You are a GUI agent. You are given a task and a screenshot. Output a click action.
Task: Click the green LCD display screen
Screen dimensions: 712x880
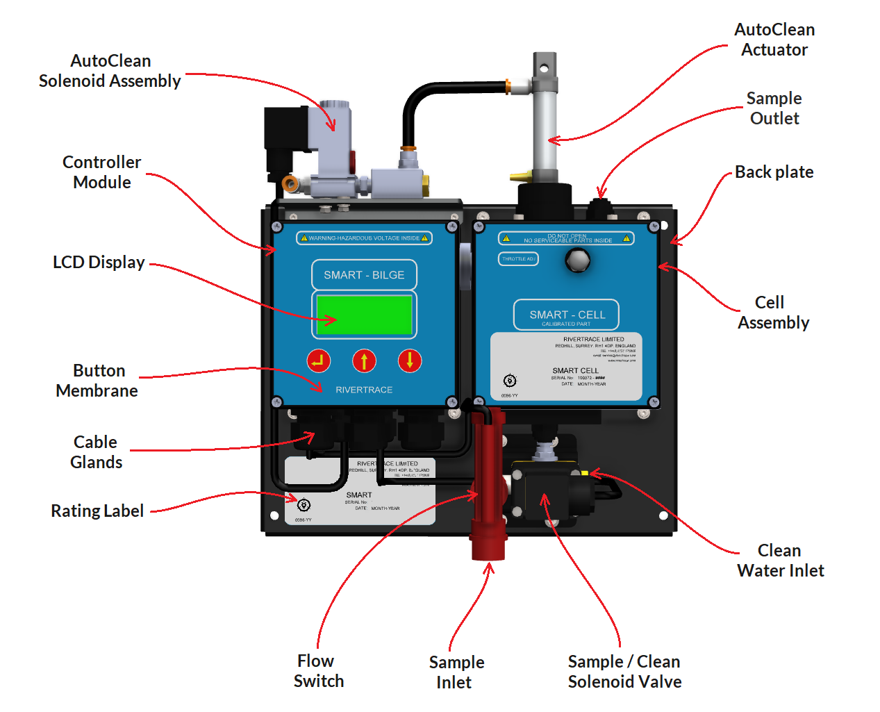click(x=364, y=315)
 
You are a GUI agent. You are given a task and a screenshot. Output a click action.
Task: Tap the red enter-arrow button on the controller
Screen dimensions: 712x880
click(x=319, y=361)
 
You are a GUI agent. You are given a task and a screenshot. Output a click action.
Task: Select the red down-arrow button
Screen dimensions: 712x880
click(x=410, y=361)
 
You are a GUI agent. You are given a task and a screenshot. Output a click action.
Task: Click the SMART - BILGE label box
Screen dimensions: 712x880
click(x=364, y=275)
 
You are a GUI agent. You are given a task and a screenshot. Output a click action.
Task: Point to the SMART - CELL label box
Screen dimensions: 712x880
click(x=567, y=315)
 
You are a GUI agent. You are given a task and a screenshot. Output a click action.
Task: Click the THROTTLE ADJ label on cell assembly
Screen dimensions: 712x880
click(x=518, y=259)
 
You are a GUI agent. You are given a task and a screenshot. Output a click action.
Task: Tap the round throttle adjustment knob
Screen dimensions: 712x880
click(x=577, y=260)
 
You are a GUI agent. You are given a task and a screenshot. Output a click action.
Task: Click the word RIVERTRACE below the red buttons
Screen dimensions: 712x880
click(x=364, y=390)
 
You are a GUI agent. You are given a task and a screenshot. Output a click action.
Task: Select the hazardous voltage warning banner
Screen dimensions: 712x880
click(x=364, y=238)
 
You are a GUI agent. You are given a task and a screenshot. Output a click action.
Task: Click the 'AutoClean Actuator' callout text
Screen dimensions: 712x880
click(x=774, y=40)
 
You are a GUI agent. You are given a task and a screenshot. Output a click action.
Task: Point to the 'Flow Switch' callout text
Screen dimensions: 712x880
click(x=318, y=671)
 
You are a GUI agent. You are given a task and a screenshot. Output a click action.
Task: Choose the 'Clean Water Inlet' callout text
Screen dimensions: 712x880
click(x=780, y=561)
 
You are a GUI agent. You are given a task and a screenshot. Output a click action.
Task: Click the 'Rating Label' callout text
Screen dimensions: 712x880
click(x=97, y=511)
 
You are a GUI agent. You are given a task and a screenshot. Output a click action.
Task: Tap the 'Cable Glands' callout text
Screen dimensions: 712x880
click(x=97, y=452)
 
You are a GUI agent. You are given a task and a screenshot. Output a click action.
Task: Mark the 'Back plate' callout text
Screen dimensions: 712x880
click(x=774, y=172)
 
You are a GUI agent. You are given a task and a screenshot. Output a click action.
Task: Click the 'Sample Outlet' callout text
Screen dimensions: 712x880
click(x=774, y=108)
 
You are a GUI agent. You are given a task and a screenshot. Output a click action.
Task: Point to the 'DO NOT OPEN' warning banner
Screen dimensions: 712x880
click(x=567, y=238)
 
